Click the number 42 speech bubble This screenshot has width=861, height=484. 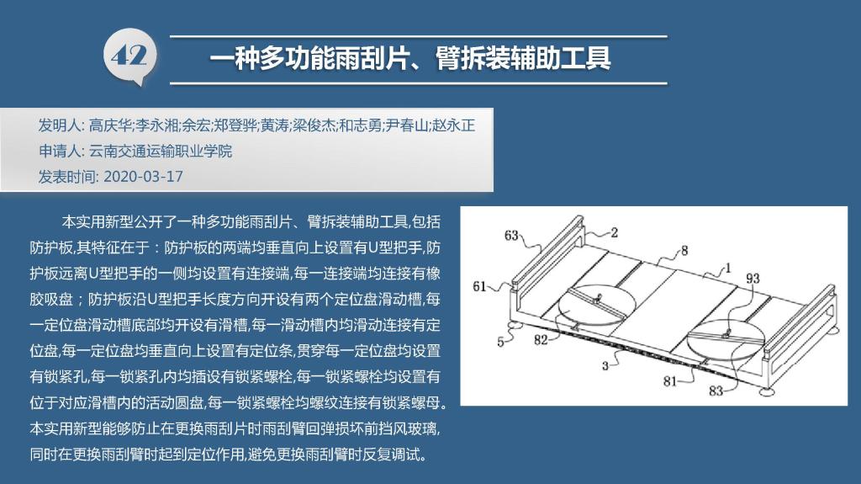tap(130, 56)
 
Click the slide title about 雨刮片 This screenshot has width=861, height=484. tap(410, 58)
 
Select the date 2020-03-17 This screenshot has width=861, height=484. tap(143, 177)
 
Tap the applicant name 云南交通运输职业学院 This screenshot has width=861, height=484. tap(161, 152)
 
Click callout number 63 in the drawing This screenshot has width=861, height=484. tap(511, 236)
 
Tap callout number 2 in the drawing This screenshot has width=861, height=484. tap(614, 232)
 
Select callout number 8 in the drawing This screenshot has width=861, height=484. tap(684, 251)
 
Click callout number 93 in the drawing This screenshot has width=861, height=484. tap(753, 279)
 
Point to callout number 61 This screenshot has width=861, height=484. tap(479, 286)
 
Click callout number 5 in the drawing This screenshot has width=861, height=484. tap(500, 342)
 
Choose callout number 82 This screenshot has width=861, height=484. tap(541, 340)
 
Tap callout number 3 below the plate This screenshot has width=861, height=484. tap(605, 366)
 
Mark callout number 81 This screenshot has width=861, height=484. tap(670, 381)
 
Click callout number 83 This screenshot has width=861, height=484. tap(716, 391)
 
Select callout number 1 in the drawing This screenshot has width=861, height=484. tap(728, 269)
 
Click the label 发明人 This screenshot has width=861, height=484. tap(60, 125)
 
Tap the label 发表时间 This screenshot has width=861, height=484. tap(66, 177)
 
